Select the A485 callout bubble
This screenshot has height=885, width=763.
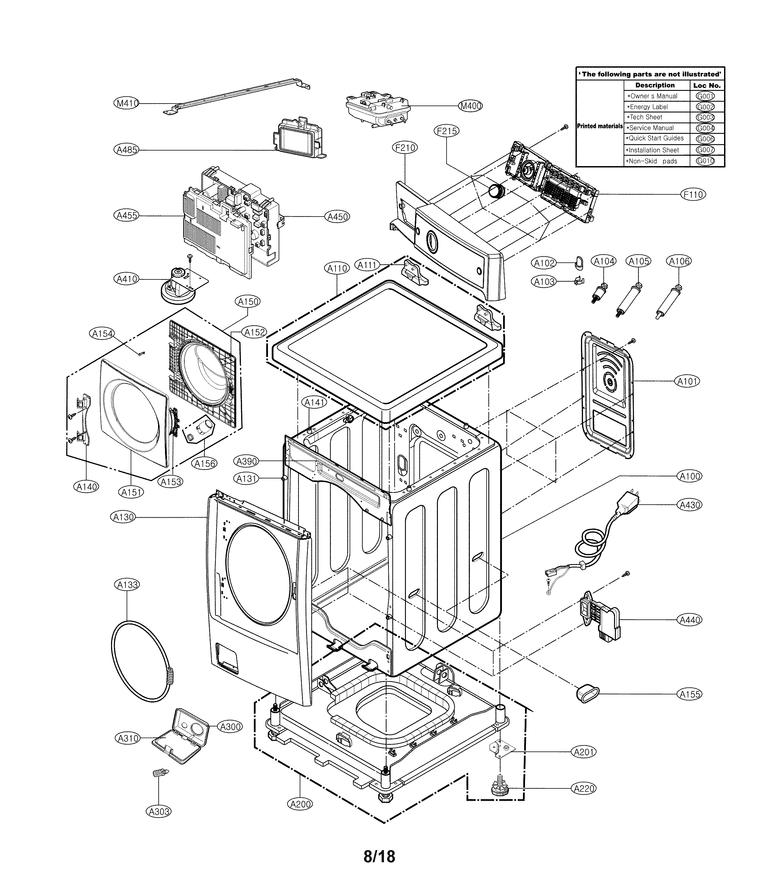click(x=127, y=149)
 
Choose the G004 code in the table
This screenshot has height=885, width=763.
click(x=705, y=128)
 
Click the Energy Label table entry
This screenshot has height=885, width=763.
click(x=647, y=107)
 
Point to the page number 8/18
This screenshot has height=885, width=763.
click(x=379, y=856)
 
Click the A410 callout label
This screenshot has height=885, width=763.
click(x=127, y=279)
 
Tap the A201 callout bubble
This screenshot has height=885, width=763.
click(x=584, y=752)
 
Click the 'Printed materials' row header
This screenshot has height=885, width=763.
click(x=599, y=126)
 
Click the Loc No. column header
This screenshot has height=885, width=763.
click(x=707, y=85)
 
